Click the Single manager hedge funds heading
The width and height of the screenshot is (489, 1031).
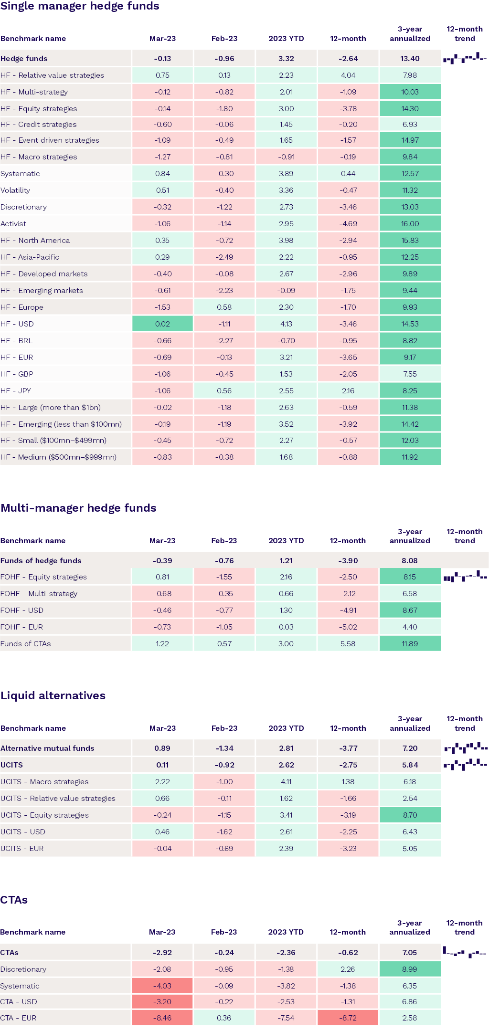[80, 6]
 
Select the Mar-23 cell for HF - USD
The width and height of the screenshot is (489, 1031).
[162, 324]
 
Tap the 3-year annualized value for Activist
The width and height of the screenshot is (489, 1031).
[410, 223]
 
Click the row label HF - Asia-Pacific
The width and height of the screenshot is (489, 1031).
[30, 257]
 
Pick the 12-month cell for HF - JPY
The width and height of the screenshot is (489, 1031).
[348, 390]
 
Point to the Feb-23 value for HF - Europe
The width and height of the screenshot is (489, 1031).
[224, 307]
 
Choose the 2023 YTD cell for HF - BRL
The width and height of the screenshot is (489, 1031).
[286, 340]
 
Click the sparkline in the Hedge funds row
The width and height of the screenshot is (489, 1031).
[464, 58]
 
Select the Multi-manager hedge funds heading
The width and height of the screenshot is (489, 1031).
[79, 508]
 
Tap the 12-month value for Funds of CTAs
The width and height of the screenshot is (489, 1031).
[348, 643]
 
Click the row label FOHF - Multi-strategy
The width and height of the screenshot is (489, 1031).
[39, 593]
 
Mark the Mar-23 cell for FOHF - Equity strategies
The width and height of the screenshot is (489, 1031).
[162, 577]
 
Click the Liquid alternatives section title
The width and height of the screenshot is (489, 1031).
[53, 695]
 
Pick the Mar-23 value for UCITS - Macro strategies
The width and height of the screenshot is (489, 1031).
[162, 781]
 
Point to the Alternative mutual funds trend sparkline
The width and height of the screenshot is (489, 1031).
[466, 747]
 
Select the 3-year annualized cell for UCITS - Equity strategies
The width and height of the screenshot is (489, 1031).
[410, 815]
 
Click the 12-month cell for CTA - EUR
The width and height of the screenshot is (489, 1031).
[348, 1018]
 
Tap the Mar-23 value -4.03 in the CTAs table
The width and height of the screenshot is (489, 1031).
[162, 986]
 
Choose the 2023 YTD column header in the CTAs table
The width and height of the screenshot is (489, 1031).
[286, 932]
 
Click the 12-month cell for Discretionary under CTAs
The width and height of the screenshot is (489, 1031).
[348, 969]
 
